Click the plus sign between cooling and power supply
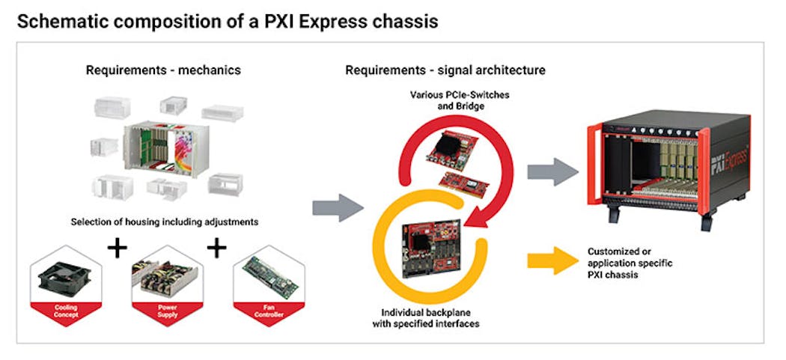coord(117,248)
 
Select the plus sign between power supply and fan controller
coord(216,248)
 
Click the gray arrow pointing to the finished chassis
coord(552,172)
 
